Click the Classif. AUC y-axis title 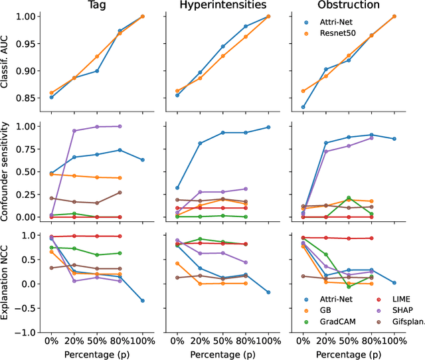[x=7, y=62]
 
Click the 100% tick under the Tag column [x=142, y=340]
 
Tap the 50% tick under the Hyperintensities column [x=222, y=340]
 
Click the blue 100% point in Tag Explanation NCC [x=142, y=300]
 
